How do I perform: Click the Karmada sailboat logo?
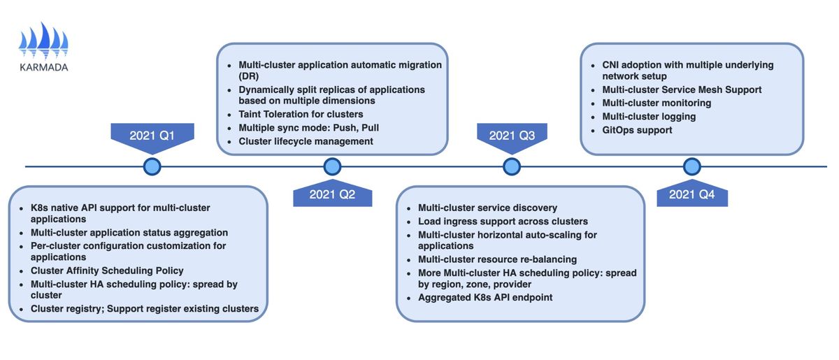[x=43, y=41]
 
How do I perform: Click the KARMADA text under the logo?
[x=44, y=67]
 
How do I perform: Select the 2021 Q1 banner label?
[x=152, y=135]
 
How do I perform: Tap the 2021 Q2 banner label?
[x=332, y=194]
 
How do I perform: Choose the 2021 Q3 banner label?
[x=512, y=135]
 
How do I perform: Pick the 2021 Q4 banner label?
[x=691, y=194]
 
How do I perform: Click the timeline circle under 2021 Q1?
[x=152, y=166]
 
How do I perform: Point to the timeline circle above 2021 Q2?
[x=332, y=166]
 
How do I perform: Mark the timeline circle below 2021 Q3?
[x=512, y=166]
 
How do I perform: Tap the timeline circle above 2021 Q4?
[x=691, y=166]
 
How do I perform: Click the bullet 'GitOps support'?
[x=637, y=130]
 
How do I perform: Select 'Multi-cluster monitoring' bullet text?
[x=657, y=103]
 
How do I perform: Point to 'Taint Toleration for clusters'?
[x=301, y=114]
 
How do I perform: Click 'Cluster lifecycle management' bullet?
[x=306, y=142]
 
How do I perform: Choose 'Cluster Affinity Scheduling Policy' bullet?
[x=107, y=271]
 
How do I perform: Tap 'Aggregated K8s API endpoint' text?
[x=485, y=298]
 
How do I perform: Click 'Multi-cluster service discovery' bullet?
[x=488, y=208]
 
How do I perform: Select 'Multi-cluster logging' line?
[x=649, y=117]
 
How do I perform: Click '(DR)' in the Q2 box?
[x=249, y=76]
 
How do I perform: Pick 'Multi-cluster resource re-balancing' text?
[x=497, y=259]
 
